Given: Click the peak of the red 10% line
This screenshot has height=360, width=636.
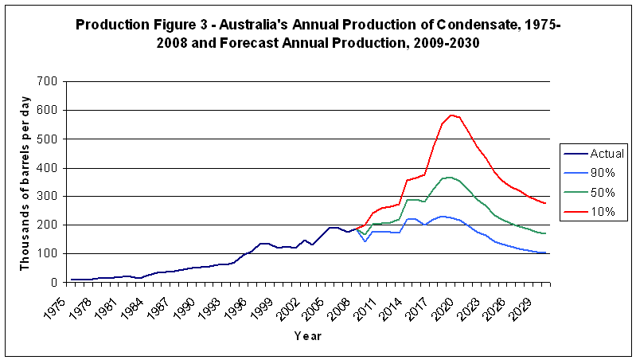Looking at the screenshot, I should pyautogui.click(x=451, y=115).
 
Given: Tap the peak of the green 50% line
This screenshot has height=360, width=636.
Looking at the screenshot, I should pyautogui.click(x=451, y=178).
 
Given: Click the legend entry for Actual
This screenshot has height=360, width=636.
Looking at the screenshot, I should pyautogui.click(x=606, y=152).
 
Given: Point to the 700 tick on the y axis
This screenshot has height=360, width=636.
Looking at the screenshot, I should pyautogui.click(x=46, y=81).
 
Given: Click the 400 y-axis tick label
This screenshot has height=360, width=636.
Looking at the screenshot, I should pyautogui.click(x=46, y=167).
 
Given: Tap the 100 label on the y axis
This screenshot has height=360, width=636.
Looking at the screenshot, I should pyautogui.click(x=46, y=253).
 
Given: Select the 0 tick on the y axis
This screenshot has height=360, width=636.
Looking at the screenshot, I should pyautogui.click(x=53, y=282).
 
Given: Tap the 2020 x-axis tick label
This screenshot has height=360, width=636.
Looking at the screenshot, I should pyautogui.click(x=451, y=303).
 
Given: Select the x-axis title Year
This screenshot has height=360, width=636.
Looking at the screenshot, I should pyautogui.click(x=307, y=335).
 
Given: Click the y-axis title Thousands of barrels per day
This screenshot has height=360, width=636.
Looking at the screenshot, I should pyautogui.click(x=25, y=182).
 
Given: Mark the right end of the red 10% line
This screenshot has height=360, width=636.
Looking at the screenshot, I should pyautogui.click(x=545, y=203).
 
